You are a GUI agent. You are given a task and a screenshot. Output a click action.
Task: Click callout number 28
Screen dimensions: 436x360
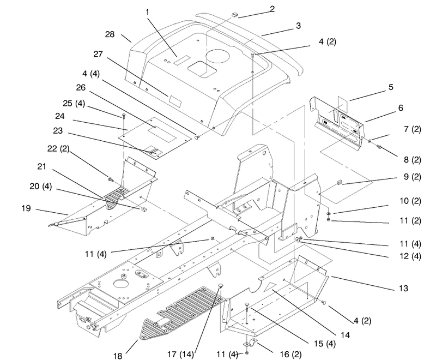(x=110, y=34)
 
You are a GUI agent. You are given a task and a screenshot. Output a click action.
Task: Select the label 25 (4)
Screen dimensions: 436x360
(x=74, y=104)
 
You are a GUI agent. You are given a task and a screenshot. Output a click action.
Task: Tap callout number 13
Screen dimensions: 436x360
(x=403, y=288)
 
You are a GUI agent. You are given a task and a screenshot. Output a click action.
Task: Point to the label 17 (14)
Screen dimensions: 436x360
(x=180, y=354)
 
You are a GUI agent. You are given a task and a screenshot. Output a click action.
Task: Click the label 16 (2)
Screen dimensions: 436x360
(x=290, y=354)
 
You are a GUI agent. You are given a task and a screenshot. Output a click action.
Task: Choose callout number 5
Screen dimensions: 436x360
(x=391, y=87)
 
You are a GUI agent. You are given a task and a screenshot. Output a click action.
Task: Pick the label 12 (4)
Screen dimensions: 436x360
(x=410, y=256)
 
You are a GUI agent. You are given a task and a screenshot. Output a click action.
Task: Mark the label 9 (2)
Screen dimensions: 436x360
(x=413, y=177)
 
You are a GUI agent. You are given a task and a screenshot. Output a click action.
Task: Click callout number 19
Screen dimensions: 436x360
(x=26, y=208)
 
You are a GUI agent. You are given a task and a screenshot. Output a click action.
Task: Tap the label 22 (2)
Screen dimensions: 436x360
(x=58, y=148)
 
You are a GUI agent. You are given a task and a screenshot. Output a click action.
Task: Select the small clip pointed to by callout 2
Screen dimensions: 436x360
(x=235, y=14)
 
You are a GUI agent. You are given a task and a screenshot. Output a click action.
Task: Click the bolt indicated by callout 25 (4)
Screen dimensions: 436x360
(x=124, y=116)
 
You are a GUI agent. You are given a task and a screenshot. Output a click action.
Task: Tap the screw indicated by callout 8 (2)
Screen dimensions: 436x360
(x=378, y=146)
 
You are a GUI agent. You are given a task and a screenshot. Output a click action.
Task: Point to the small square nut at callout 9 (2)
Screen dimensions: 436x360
(x=339, y=182)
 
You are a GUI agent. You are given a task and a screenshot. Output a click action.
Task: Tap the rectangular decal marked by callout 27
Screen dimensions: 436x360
(x=175, y=101)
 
